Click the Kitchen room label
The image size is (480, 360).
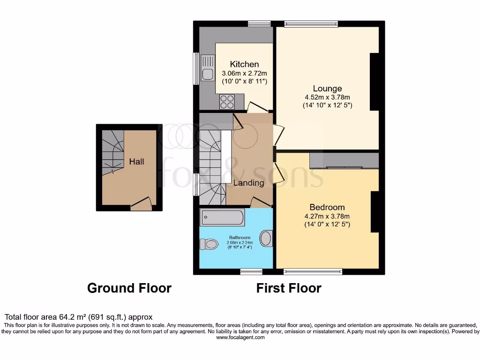[x=244, y=64]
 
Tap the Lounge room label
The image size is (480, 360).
[x=327, y=89]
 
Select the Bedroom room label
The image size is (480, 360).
[x=327, y=207]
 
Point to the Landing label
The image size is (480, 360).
[x=248, y=183]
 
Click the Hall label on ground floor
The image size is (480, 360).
[x=137, y=162]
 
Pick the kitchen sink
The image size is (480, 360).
[x=207, y=67]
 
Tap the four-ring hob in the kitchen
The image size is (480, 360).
[x=227, y=102]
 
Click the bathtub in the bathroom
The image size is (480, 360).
[x=222, y=217]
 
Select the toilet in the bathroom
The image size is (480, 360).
[x=209, y=244]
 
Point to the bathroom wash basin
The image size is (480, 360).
[x=266, y=238]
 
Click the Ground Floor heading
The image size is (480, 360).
[x=129, y=288]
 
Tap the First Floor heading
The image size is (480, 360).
[x=289, y=288]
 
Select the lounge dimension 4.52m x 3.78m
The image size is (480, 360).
[x=327, y=97]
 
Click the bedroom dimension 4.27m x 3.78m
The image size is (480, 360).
[x=327, y=217]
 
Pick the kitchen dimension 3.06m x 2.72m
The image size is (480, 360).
[x=244, y=74]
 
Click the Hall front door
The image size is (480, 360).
[x=141, y=204]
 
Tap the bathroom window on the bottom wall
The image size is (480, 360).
[x=251, y=271]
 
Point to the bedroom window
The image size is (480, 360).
[x=313, y=271]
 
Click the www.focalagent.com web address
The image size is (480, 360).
[x=240, y=337]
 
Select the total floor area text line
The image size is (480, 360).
[x=78, y=317]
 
